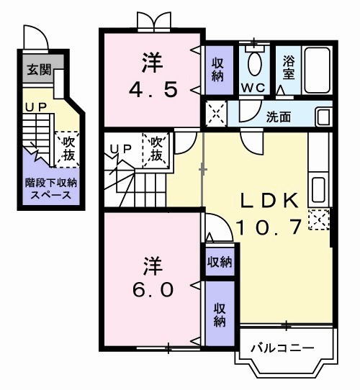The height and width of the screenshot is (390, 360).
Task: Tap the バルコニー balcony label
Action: click(x=282, y=348)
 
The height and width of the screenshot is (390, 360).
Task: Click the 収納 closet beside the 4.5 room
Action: click(x=216, y=69)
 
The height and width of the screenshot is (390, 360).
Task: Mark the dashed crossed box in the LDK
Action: click(x=318, y=219)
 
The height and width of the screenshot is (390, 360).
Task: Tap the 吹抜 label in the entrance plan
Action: click(x=68, y=148)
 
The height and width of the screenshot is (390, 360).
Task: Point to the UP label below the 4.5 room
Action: click(x=119, y=148)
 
